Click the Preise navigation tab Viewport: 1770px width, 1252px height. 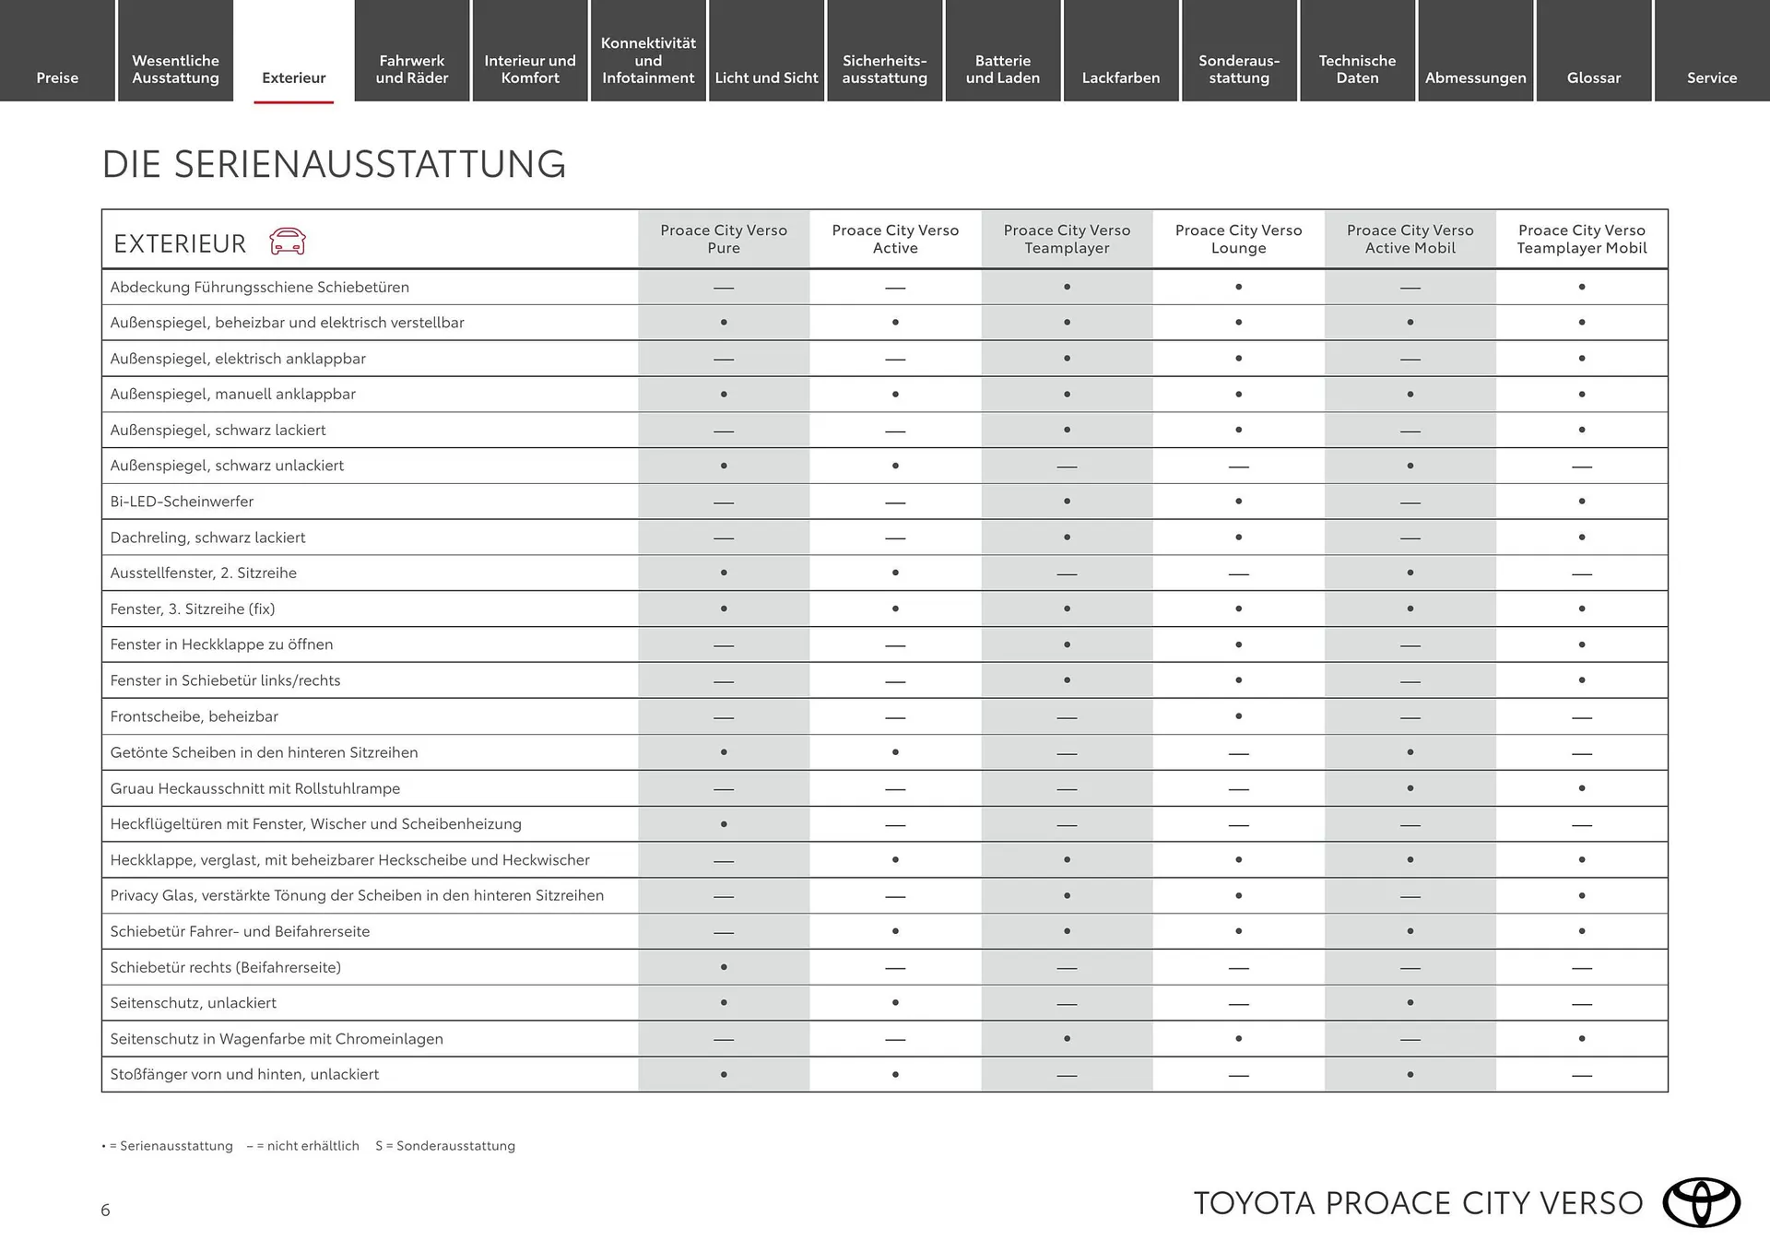pos(57,77)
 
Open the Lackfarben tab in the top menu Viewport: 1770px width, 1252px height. pos(1120,77)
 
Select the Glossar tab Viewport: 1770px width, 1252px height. pos(1593,77)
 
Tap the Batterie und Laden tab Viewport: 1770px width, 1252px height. pos(1002,69)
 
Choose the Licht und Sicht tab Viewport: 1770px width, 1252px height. pos(766,77)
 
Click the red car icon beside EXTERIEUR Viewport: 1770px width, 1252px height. pos(287,242)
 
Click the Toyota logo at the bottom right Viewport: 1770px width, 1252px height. pos(1701,1202)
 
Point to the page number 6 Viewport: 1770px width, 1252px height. pos(105,1210)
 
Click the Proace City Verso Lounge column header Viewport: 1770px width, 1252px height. pos(1238,239)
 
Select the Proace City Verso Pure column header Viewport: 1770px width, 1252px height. pos(724,239)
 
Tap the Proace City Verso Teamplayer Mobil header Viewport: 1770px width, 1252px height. pos(1581,239)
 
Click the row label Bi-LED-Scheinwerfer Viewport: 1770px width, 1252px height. pos(182,502)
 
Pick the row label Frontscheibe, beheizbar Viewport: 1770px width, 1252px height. pos(194,716)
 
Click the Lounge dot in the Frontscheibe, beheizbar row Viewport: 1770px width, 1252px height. pos(1238,716)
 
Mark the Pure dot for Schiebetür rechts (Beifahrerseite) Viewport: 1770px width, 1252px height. pos(724,967)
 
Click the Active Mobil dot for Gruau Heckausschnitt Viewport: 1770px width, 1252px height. pos(1410,788)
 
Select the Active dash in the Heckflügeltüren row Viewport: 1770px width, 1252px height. pos(895,825)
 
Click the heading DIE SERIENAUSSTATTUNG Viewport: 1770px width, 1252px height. pos(334,164)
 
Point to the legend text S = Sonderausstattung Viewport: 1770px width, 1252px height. pos(445,1146)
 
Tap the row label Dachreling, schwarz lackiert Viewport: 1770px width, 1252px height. pos(207,537)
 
